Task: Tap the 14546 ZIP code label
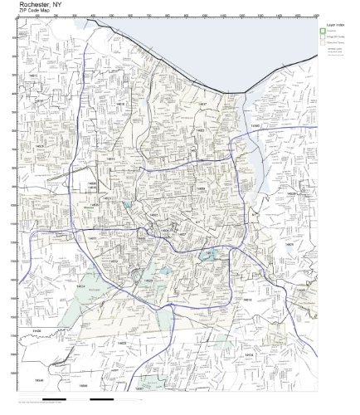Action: pyautogui.click(x=38, y=378)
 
